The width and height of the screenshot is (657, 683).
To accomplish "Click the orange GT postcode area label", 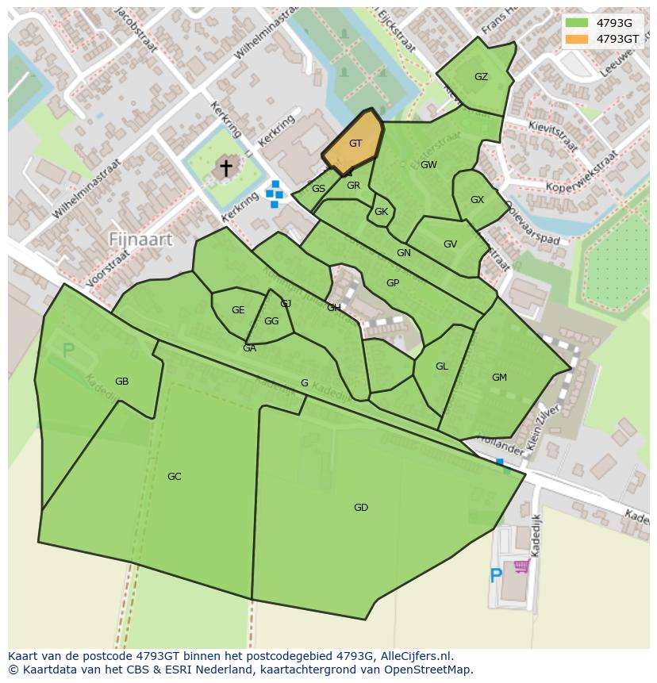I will click(x=355, y=144).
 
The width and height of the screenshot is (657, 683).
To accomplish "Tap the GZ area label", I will click(x=481, y=77).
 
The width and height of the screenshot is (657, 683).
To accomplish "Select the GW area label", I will click(x=428, y=165).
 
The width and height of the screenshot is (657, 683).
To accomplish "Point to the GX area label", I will click(x=477, y=200).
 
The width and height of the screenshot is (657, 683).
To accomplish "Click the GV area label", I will click(x=450, y=244).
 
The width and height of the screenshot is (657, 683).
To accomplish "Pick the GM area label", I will click(x=499, y=378).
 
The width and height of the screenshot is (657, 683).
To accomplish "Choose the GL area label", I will click(x=442, y=366).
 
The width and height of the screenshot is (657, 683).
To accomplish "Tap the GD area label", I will click(x=361, y=508).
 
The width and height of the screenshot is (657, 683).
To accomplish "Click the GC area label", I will click(x=175, y=477).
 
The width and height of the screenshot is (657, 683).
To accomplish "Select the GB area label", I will click(x=121, y=382).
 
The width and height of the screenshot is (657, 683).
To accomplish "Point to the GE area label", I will click(x=238, y=310).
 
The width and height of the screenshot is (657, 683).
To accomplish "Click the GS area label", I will click(x=318, y=189).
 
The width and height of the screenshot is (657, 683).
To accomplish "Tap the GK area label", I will click(x=381, y=212).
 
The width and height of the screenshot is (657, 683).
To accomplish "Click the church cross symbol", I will click(x=226, y=167).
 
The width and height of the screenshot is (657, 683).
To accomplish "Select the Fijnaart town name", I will click(x=140, y=239).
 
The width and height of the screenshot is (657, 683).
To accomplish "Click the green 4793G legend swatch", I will click(x=577, y=23).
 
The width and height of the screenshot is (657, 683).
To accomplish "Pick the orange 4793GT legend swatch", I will click(x=577, y=39).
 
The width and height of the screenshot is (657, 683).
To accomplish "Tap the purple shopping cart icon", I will click(x=521, y=566).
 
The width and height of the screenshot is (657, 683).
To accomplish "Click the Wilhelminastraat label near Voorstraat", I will click(x=86, y=189).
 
